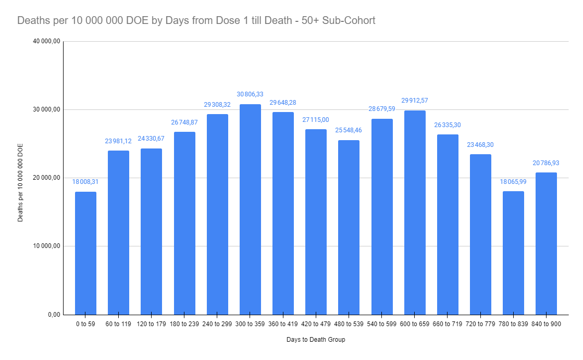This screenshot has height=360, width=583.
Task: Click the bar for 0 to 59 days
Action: click(85, 253)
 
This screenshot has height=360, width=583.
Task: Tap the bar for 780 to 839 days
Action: click(513, 253)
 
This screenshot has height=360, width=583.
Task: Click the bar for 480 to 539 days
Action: click(349, 227)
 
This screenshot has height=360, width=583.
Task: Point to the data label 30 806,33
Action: click(250, 94)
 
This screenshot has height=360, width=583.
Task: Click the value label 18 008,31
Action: click(85, 182)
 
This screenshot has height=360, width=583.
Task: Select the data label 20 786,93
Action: click(546, 163)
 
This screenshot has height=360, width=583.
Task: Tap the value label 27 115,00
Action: click(316, 119)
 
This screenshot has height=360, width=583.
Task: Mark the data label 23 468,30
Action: click(480, 144)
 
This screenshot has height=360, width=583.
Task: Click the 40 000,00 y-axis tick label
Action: click(46, 42)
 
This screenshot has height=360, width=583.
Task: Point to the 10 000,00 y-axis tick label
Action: click(46, 246)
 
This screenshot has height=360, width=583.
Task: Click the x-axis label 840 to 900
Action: click(546, 323)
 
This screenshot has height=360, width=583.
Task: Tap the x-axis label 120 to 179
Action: click(151, 323)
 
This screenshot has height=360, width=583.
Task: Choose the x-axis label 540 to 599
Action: click(382, 323)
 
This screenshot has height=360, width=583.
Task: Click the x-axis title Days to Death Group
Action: click(316, 340)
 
